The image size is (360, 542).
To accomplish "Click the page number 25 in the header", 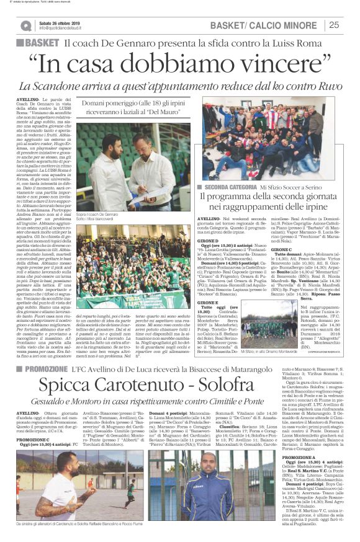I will (x=333, y=25).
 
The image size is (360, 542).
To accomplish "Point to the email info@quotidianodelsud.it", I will (x=68, y=28).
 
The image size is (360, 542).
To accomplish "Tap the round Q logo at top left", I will (x=25, y=25).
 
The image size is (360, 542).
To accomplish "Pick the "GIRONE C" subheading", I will (x=289, y=249).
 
